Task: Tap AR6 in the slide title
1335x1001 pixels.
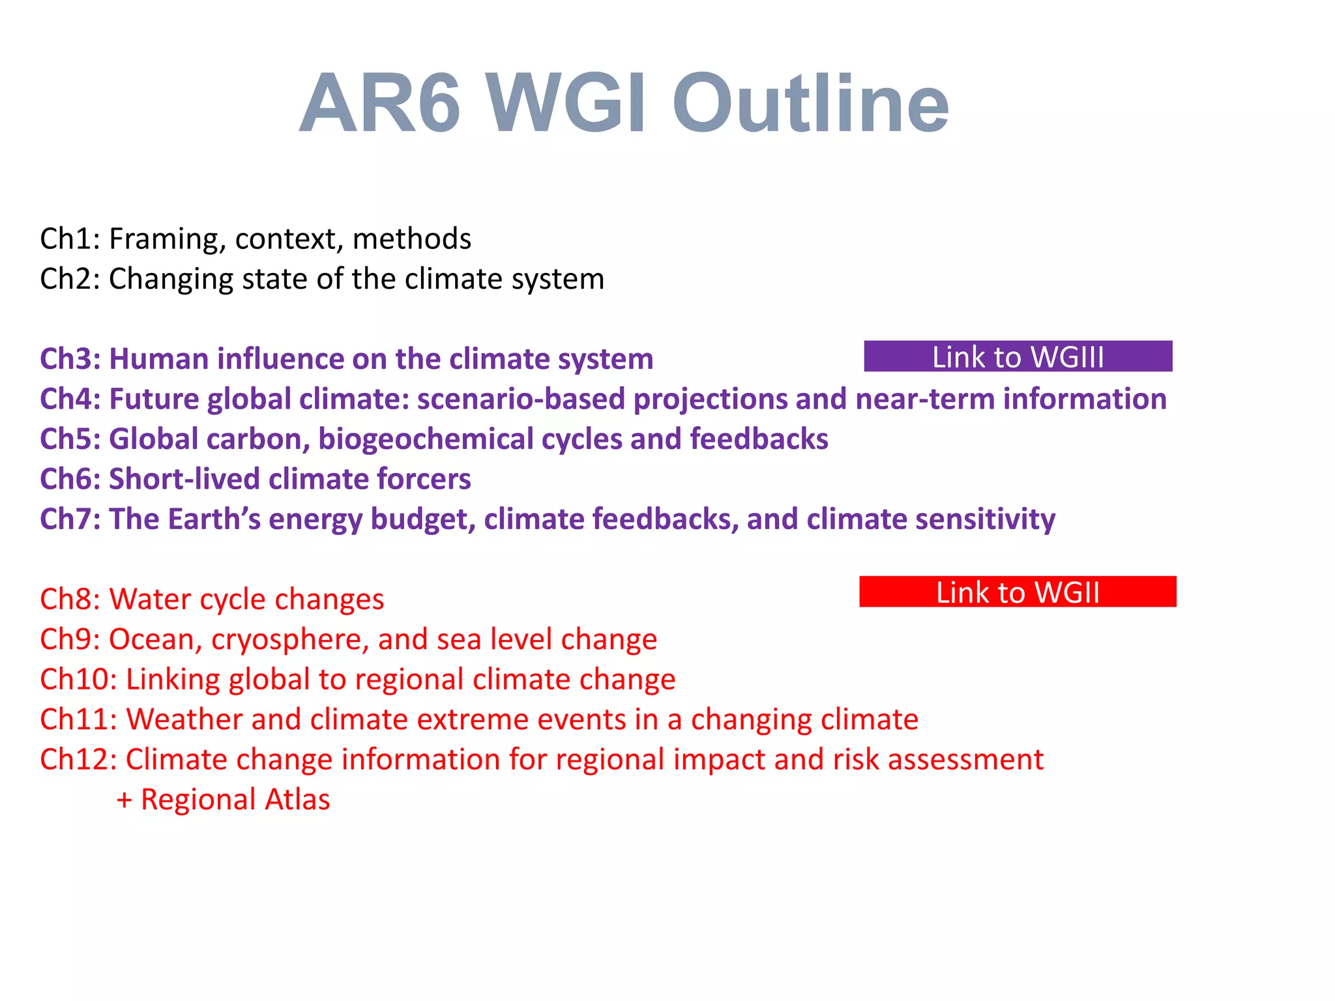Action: [380, 104]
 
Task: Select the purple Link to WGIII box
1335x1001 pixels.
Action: [1018, 356]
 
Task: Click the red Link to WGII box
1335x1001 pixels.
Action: [1018, 592]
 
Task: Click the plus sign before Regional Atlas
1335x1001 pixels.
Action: [124, 800]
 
